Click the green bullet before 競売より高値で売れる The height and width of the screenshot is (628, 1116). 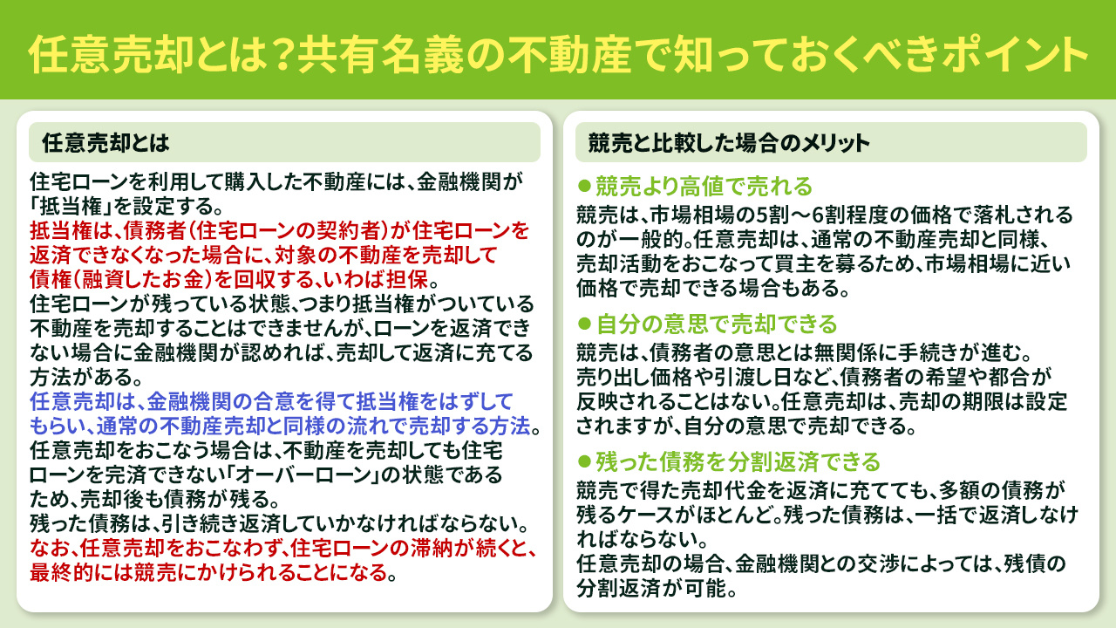[585, 187]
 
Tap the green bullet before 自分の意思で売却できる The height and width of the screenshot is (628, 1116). [585, 324]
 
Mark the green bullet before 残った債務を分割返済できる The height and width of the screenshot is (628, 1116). [585, 460]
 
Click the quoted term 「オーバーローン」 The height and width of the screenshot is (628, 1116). [309, 476]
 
